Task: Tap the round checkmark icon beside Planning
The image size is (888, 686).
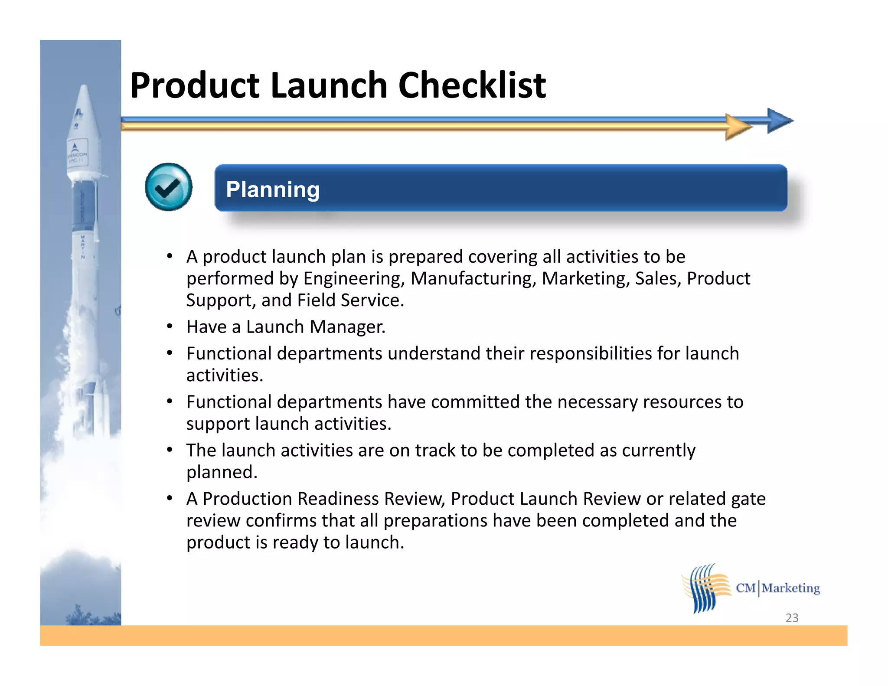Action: tap(169, 187)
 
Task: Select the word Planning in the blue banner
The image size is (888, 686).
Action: tap(273, 190)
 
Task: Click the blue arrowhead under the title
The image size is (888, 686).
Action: tap(780, 121)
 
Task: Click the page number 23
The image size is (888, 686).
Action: tap(792, 617)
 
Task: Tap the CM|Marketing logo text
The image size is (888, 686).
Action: tap(777, 588)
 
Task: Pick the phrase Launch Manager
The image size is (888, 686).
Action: tap(315, 327)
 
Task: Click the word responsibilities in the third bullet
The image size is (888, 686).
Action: tap(590, 354)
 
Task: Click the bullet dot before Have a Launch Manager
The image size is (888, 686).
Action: tap(170, 326)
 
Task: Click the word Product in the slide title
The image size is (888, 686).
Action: tap(195, 85)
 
